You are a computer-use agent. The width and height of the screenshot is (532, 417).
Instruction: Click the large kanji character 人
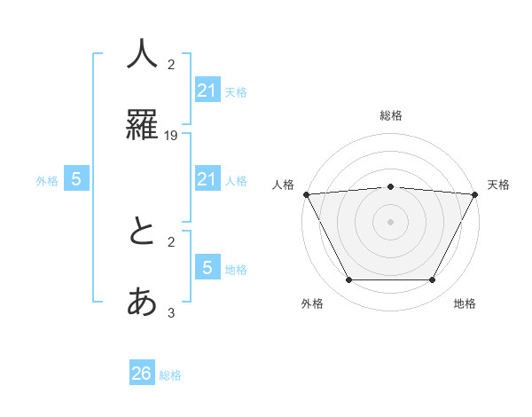pos(142,54)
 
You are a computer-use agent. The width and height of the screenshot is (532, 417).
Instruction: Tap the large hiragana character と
pos(142,232)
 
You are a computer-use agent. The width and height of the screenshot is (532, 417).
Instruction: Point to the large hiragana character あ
pos(142,303)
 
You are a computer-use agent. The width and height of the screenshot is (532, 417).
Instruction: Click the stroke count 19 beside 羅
pos(172,135)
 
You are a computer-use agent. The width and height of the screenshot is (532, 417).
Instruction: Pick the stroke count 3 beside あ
pos(171,312)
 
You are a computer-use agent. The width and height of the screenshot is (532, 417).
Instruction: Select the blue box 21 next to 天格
pos(207,90)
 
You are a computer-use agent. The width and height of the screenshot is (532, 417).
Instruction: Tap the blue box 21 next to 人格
pos(207,179)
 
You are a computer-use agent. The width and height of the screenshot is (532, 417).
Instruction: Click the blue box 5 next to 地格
pos(207,267)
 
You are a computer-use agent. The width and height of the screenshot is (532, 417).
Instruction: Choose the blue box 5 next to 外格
pos(76,179)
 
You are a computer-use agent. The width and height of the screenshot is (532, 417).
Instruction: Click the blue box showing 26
pos(142,374)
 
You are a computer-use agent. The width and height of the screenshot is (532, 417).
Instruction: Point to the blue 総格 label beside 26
pos(170,375)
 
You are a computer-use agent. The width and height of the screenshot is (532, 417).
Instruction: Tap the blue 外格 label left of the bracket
pos(47,181)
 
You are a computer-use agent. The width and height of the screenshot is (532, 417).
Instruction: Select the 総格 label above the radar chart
pos(390,115)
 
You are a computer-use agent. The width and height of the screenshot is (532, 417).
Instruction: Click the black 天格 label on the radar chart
pos(499,185)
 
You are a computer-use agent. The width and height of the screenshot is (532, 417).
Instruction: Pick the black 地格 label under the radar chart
pos(465,303)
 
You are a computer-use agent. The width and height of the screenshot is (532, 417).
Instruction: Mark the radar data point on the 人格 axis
pos(306,194)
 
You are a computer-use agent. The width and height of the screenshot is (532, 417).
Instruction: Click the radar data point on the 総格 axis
pos(390,186)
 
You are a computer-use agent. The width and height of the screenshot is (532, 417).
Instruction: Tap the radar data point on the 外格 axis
pos(348,280)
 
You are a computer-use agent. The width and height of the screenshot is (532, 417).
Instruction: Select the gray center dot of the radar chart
pos(390,222)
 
